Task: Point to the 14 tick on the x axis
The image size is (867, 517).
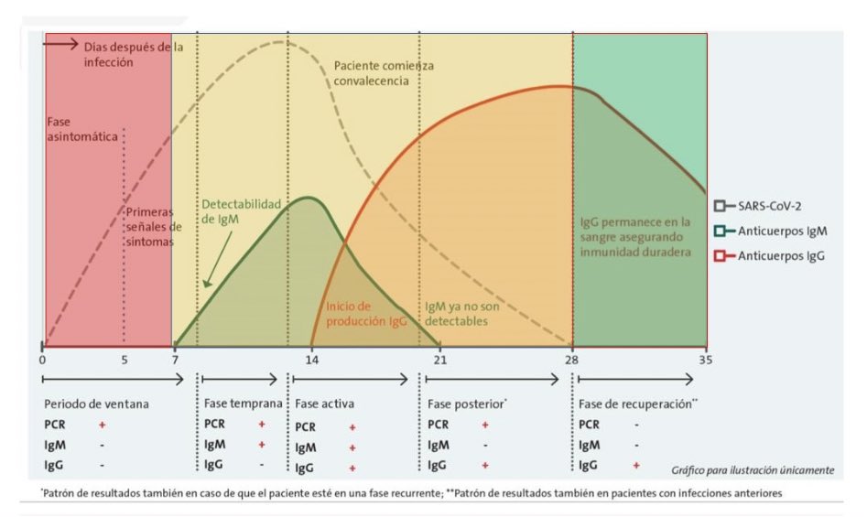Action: (x=312, y=359)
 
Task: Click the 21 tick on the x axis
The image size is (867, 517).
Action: (x=440, y=359)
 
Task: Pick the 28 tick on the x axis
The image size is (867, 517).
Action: (x=573, y=359)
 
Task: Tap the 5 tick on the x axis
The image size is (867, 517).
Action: (x=125, y=359)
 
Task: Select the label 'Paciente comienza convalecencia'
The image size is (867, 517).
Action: (x=384, y=73)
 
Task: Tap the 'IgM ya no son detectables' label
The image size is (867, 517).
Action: (x=463, y=313)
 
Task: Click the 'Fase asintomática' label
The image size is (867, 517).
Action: (x=83, y=128)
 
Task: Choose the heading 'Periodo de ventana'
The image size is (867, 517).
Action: (x=97, y=404)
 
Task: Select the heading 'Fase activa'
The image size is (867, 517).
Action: (x=324, y=404)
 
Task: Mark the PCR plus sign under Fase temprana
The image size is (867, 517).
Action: (x=262, y=425)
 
